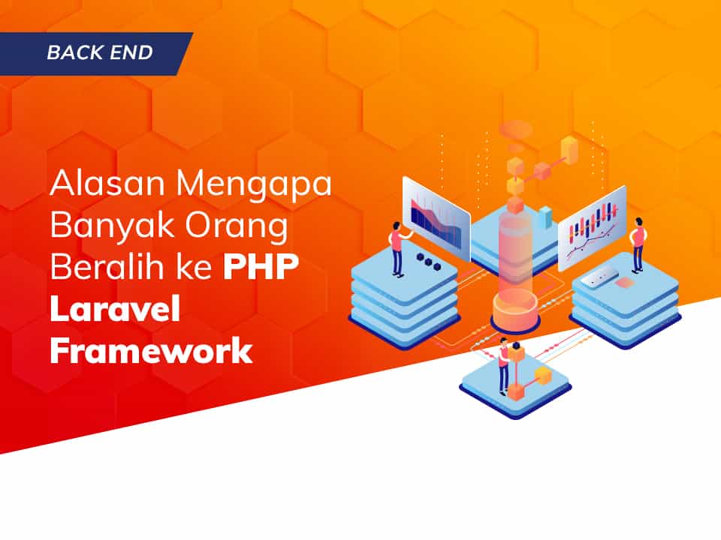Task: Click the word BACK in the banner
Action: point(72,53)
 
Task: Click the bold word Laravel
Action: point(115,310)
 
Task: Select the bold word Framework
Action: point(151,350)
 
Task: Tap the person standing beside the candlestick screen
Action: point(638,244)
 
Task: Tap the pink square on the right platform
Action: point(624,283)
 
